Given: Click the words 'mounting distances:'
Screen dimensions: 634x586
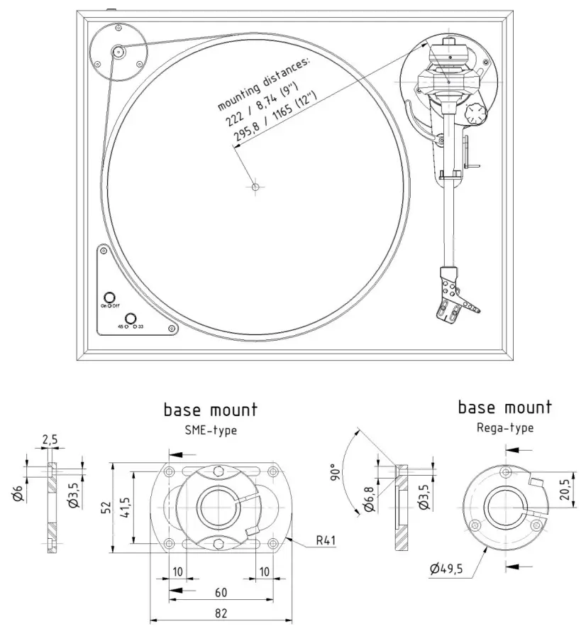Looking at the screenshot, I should [263, 84].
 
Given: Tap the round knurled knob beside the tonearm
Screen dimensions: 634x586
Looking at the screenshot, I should [474, 113].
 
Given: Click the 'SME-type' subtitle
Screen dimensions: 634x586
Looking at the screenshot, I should [210, 430].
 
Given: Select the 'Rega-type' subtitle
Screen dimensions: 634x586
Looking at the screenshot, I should [504, 427].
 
